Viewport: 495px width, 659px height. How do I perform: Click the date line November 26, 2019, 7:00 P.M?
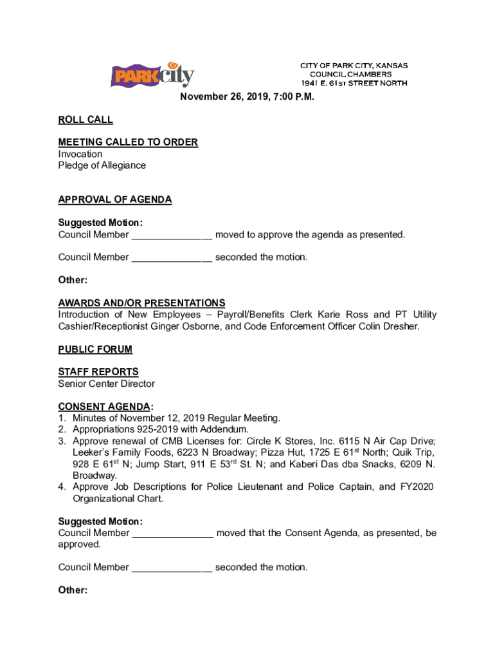(x=247, y=97)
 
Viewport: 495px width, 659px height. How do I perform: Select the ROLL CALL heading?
(x=85, y=120)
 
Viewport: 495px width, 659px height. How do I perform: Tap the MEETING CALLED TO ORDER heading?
(x=128, y=142)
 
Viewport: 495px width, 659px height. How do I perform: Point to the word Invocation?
(x=80, y=154)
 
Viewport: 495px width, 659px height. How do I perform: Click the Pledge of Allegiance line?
(x=102, y=165)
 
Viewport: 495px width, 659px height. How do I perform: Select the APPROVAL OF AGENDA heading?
(x=115, y=200)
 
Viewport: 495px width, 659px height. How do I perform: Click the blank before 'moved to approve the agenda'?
(x=172, y=235)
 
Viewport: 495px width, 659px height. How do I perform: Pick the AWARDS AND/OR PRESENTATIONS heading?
(x=141, y=303)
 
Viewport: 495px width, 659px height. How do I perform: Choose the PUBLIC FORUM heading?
(x=95, y=349)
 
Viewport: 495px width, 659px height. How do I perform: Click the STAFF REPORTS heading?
(x=98, y=372)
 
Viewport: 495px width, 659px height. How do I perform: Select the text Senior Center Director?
(x=107, y=384)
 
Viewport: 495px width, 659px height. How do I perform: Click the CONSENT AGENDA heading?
(x=105, y=407)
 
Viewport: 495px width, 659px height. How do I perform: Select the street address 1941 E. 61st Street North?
(x=354, y=83)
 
